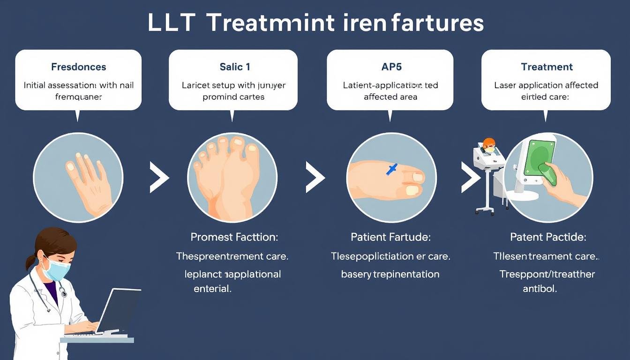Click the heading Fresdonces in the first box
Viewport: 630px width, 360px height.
click(x=78, y=67)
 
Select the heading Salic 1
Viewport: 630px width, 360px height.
click(x=234, y=67)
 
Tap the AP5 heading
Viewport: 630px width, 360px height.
click(x=391, y=67)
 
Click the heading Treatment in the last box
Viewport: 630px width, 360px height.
click(x=547, y=67)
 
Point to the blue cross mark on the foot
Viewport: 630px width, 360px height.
click(x=392, y=169)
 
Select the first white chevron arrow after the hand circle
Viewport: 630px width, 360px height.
click(x=159, y=178)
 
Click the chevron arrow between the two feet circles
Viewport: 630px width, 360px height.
click(x=315, y=178)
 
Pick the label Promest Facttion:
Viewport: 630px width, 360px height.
click(x=234, y=237)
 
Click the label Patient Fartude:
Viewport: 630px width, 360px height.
click(x=390, y=237)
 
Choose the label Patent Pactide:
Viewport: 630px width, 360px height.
click(x=547, y=237)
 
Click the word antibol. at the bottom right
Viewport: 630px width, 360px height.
click(x=540, y=289)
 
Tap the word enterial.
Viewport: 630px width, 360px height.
click(x=213, y=289)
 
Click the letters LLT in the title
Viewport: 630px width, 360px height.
click(x=171, y=23)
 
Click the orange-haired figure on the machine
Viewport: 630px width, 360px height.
click(x=488, y=145)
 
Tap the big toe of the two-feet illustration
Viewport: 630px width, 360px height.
click(x=252, y=154)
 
